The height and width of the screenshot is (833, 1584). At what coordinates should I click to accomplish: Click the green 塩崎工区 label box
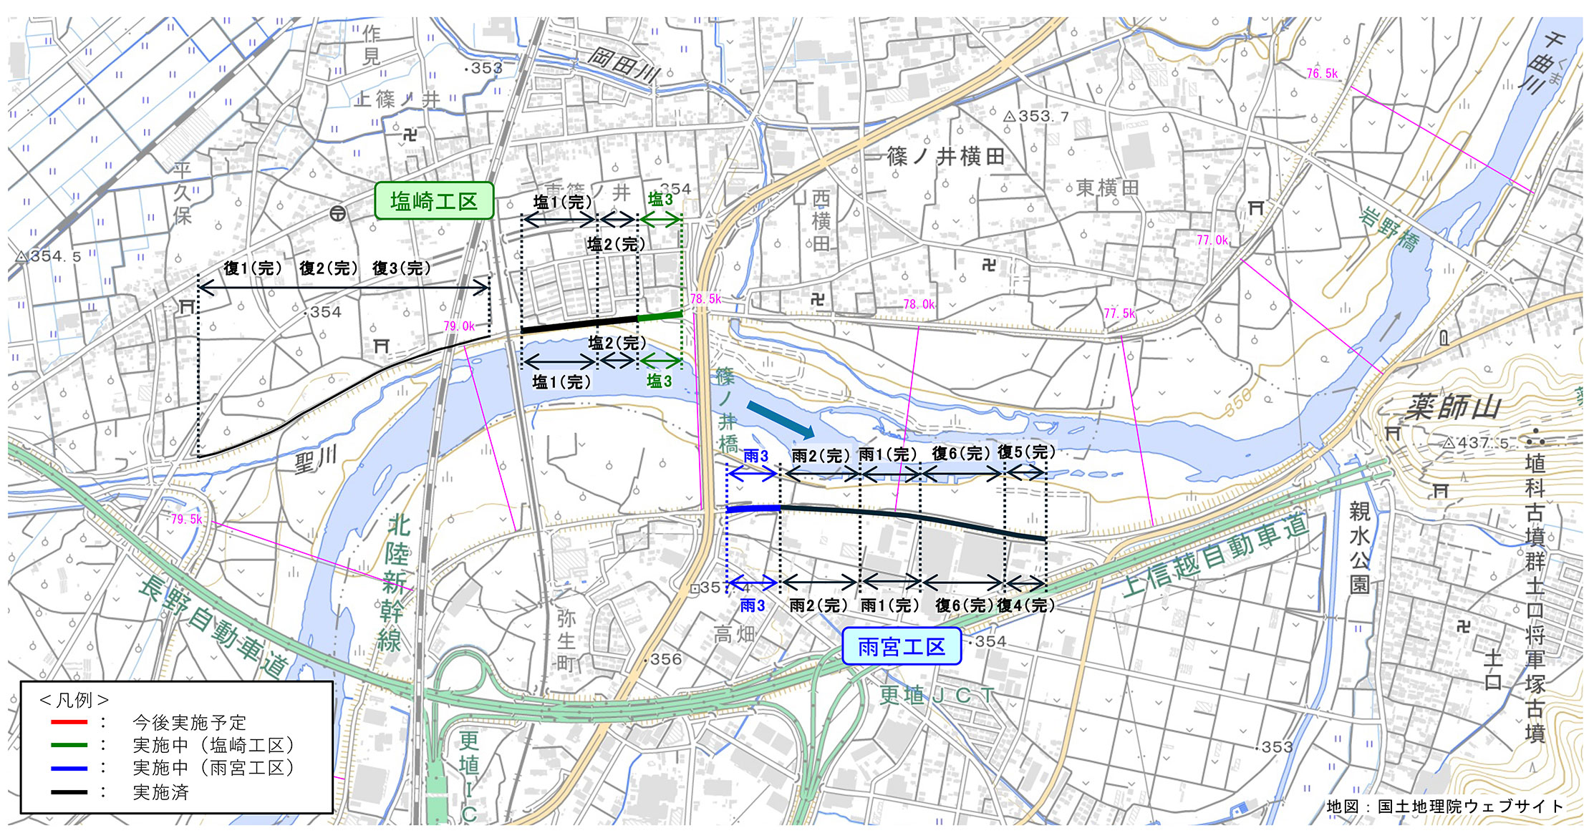click(434, 201)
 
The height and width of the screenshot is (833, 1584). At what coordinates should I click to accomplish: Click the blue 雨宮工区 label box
click(901, 647)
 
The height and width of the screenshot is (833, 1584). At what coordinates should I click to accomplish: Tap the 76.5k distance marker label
click(1322, 73)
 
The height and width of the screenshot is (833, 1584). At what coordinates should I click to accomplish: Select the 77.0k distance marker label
click(1212, 240)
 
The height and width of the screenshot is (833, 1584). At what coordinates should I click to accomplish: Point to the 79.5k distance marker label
click(186, 519)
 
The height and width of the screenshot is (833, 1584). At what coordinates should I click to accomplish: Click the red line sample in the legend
click(69, 722)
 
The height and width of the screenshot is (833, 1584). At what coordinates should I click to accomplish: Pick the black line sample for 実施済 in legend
click(69, 792)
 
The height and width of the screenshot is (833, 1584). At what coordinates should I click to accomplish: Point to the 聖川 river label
click(315, 459)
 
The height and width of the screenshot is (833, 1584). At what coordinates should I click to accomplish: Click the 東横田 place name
click(1108, 188)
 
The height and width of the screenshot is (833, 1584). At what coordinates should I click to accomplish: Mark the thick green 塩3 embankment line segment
click(660, 316)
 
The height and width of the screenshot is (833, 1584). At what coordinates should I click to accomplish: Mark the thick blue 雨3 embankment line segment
click(753, 509)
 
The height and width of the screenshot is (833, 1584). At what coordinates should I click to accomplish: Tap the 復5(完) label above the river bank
click(1026, 452)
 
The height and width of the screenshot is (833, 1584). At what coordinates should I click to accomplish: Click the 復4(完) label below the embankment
click(1026, 605)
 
